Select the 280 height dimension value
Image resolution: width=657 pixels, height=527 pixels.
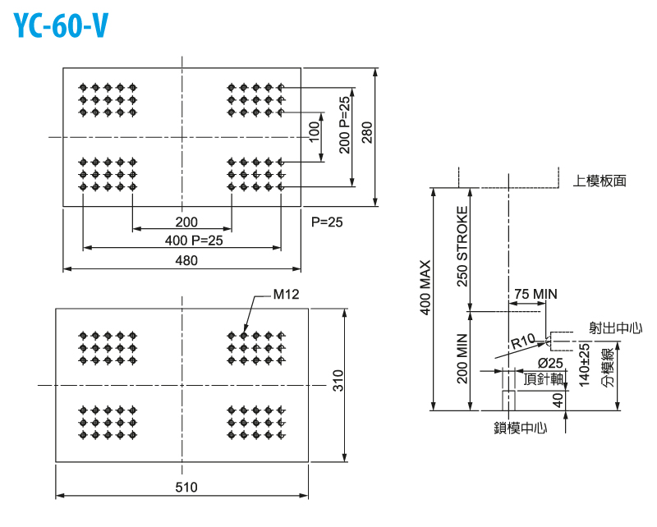pos(365,136)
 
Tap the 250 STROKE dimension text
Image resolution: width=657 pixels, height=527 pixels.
pos(462,245)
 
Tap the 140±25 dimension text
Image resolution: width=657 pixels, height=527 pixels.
pos(584,364)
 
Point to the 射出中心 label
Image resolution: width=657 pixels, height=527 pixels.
pos(616,328)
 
